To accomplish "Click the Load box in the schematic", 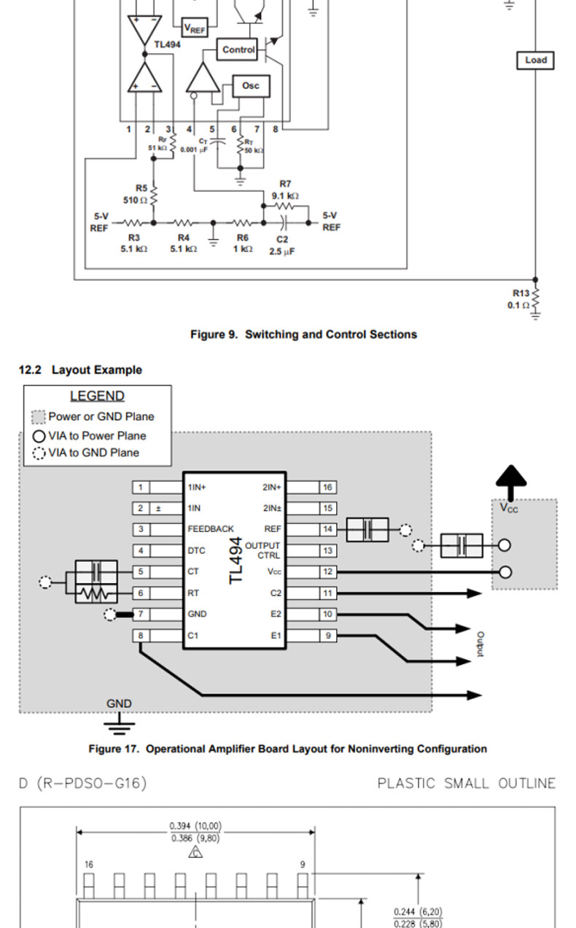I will pos(535,61).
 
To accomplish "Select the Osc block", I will pos(250,86).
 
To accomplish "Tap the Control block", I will pos(238,50).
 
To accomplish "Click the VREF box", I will pos(194,28).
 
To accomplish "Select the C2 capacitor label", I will pos(282,239).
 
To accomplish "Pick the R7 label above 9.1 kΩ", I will pos(285,184).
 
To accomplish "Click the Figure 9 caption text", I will pos(303,335).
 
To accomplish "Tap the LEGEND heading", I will pos(97,397).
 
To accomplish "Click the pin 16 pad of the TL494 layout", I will pos(328,487).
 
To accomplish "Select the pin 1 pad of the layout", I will pos(141,487).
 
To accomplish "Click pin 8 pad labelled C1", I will pos(141,636).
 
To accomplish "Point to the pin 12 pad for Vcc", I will pos(328,572).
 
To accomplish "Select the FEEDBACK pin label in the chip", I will pos(210,529).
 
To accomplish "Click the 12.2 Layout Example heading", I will pos(80,370).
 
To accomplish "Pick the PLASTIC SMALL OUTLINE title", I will pos(466,784).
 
